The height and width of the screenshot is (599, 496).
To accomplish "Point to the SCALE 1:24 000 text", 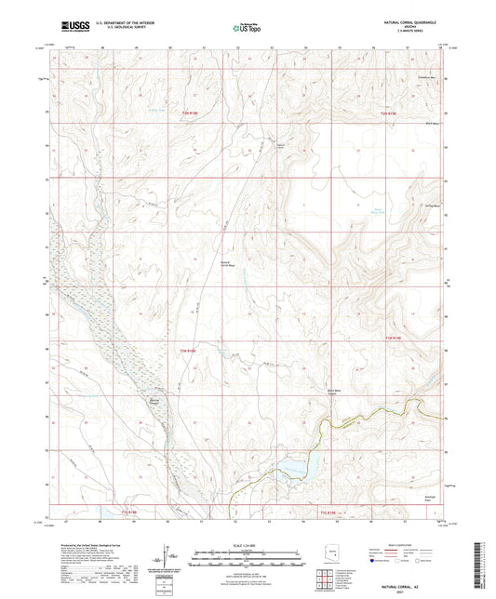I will pos(247,546).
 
